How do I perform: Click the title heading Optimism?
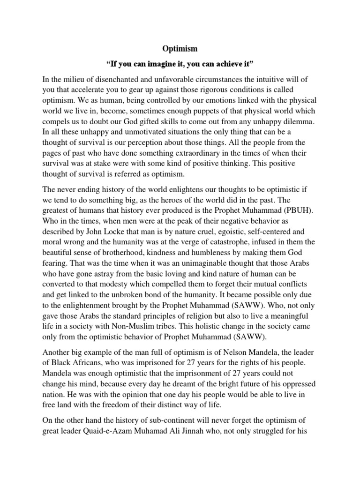pos(180,48)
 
